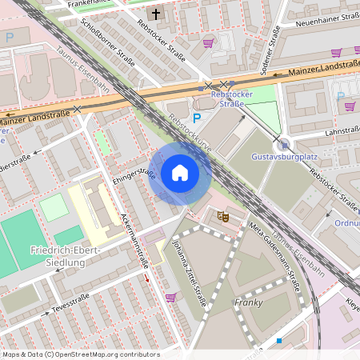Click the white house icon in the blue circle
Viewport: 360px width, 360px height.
180,173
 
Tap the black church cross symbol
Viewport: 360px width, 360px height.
156,14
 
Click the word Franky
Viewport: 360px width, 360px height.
248,302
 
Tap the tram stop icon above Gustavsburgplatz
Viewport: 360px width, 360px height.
284,144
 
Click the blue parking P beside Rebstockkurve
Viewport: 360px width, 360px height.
197,117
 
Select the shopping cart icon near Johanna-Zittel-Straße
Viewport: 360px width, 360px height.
170,298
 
